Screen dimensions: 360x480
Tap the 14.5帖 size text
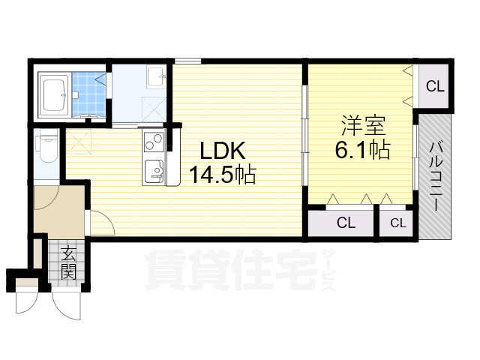pos(222,175)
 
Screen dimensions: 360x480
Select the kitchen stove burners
pos(154,140)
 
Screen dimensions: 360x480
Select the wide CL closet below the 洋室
pos(345,222)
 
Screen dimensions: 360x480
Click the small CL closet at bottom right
pos(397,222)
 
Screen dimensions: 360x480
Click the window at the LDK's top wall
pos(187,60)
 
